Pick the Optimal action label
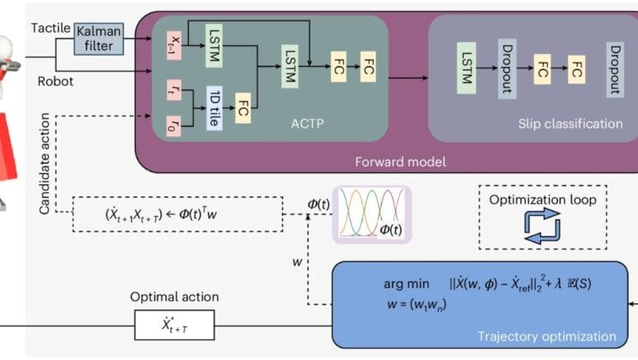click(175, 297)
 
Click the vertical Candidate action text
click(35, 163)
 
